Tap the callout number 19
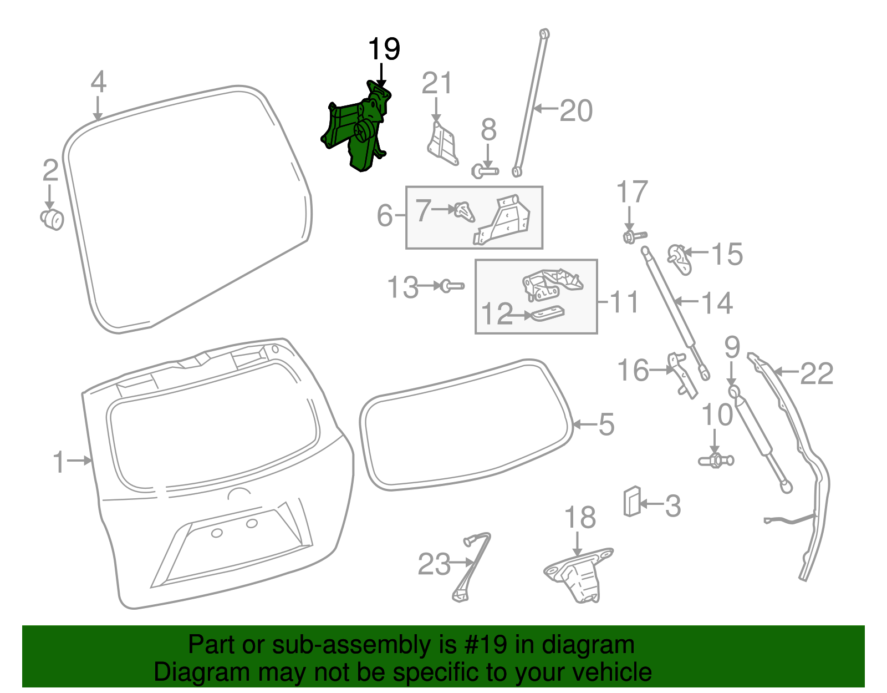pos(384,49)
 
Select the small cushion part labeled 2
pos(53,219)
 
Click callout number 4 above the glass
pos(98,83)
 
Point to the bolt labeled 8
pos(485,171)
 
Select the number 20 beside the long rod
pos(576,110)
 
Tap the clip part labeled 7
pos(465,211)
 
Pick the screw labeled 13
pos(451,286)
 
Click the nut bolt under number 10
pos(716,460)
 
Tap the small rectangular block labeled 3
pos(632,501)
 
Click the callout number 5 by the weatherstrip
pos(606,424)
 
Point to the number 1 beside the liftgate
pos(59,461)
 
